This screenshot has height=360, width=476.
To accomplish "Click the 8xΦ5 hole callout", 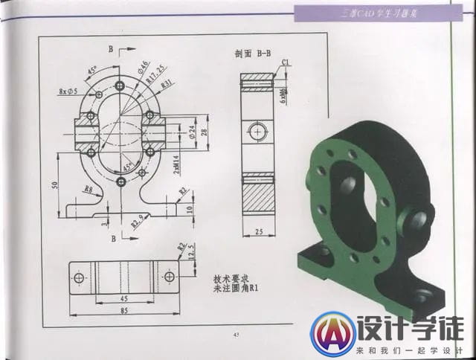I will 71,92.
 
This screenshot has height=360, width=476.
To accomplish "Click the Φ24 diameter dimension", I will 193,132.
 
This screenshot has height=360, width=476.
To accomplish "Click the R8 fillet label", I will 88,190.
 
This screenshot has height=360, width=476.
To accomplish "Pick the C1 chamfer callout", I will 286,62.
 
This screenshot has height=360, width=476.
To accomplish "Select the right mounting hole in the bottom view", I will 169,277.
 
